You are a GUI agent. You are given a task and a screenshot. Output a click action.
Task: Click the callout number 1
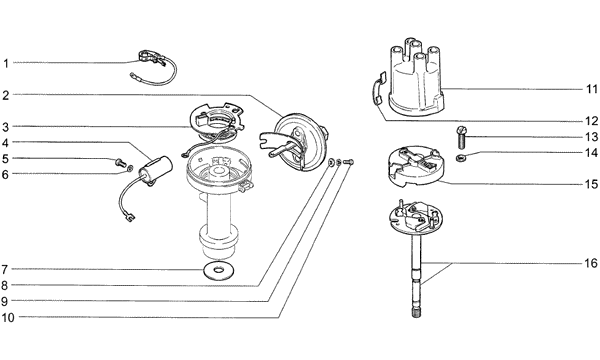click(x=6, y=63)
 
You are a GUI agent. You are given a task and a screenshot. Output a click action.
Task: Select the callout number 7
click(x=5, y=270)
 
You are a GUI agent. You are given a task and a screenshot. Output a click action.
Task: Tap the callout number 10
click(x=8, y=318)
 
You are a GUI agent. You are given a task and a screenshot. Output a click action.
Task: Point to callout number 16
click(x=591, y=263)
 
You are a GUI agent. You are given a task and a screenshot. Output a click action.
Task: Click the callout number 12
click(x=592, y=121)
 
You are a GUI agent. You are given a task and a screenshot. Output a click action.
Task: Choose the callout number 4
click(x=5, y=143)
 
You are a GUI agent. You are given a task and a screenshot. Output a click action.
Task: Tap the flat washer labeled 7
click(x=218, y=271)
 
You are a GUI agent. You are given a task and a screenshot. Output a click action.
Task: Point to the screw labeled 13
click(x=461, y=138)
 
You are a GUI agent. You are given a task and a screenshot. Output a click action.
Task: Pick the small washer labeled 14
click(x=460, y=157)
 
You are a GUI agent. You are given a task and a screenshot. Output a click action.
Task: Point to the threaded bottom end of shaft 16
click(x=417, y=312)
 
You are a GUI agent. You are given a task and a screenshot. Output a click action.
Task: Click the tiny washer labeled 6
click(x=130, y=168)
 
